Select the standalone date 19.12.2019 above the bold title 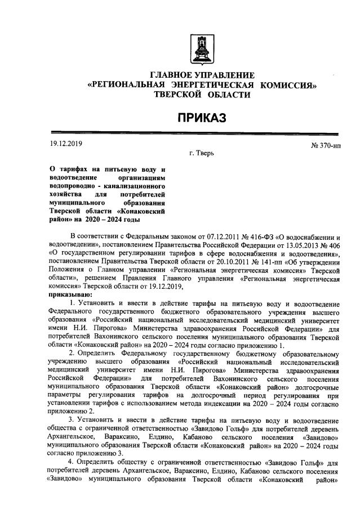click(66, 143)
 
